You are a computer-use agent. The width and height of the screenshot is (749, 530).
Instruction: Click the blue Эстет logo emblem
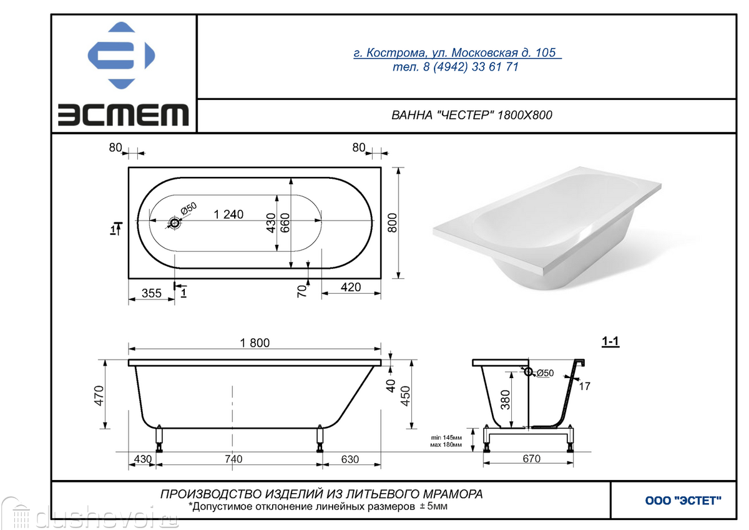point(121,55)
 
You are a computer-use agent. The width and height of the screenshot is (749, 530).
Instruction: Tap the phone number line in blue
point(456,67)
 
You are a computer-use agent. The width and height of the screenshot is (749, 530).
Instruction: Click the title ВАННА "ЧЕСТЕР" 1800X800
point(471,115)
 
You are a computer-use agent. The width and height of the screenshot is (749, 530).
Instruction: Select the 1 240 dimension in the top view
point(228,214)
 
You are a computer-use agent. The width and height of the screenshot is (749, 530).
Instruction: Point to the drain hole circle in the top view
point(174,223)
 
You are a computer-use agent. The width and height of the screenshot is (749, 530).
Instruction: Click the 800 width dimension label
point(393,222)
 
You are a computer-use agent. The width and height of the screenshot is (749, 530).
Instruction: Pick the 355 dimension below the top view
point(152,293)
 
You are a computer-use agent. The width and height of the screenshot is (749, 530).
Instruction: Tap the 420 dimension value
point(351,287)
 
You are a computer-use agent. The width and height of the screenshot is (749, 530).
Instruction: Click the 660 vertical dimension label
point(285,223)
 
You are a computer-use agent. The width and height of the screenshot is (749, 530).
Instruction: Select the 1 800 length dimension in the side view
point(255,343)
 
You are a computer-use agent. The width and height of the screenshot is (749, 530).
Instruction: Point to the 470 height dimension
point(99,396)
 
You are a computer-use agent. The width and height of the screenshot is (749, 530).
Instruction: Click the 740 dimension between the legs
point(233,459)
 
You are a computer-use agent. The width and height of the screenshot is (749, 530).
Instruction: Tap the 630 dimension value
point(350,459)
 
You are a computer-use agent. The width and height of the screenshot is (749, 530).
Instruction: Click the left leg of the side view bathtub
point(160,438)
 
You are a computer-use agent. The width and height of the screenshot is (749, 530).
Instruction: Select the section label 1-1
point(610,342)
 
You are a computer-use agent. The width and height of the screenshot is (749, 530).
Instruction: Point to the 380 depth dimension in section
point(505,400)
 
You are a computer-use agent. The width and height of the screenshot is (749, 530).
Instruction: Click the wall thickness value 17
point(584,386)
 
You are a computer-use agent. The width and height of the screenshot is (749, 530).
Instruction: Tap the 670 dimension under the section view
point(532,458)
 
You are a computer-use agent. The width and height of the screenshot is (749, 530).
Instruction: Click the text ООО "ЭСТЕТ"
point(683,501)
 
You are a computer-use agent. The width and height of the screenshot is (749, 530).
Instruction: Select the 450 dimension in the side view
point(405,396)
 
